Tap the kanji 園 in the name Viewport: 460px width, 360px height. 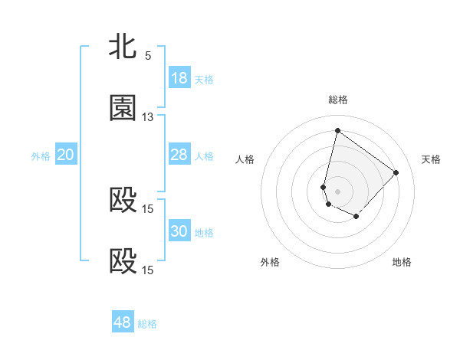tap(123, 108)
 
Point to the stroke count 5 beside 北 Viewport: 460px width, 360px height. tap(148, 56)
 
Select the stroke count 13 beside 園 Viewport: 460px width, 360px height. tap(148, 117)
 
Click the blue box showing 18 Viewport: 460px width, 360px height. tap(179, 78)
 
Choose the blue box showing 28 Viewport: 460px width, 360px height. tap(179, 155)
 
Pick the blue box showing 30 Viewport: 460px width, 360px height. tap(179, 231)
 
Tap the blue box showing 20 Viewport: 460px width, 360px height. tap(66, 155)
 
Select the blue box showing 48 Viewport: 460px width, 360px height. tap(123, 322)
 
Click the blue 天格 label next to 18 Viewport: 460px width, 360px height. tap(204, 79)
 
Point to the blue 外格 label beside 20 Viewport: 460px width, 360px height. tap(41, 155)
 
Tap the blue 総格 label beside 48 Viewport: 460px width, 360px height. tap(147, 324)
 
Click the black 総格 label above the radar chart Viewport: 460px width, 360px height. tap(338, 100)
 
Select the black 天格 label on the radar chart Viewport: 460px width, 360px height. tap(431, 159)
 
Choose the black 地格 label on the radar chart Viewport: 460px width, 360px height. tap(402, 262)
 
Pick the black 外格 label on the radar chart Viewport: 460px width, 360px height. tap(270, 262)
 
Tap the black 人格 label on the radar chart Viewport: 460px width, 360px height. tap(245, 159)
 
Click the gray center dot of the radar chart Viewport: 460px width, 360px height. tap(338, 191)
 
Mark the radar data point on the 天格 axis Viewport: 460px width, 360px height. tap(396, 172)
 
